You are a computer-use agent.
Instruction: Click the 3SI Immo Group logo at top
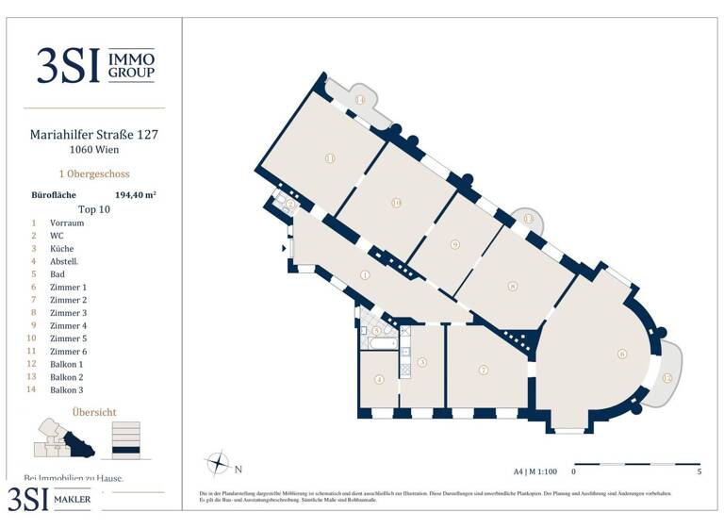click(x=94, y=65)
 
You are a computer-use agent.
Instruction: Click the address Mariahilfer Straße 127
click(x=94, y=135)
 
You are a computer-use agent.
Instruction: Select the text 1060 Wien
click(x=94, y=150)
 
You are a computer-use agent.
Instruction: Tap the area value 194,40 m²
click(x=135, y=195)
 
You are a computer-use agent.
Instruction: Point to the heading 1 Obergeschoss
click(x=94, y=174)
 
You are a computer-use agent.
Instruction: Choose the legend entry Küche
click(x=62, y=249)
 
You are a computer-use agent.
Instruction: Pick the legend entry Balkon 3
click(x=67, y=389)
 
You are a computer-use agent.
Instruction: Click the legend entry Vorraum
click(x=67, y=223)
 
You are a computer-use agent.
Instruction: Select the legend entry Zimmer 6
click(x=69, y=351)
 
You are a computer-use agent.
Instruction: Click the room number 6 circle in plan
click(x=622, y=355)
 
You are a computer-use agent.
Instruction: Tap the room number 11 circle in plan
click(x=330, y=158)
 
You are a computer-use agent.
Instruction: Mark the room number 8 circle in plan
click(x=512, y=287)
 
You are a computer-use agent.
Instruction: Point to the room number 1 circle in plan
click(x=365, y=275)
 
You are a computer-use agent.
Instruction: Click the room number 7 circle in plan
click(x=483, y=370)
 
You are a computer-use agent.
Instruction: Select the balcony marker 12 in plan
click(x=667, y=378)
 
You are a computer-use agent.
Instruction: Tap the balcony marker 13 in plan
click(x=529, y=219)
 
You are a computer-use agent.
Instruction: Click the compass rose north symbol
click(x=218, y=464)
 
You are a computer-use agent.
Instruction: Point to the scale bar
click(x=635, y=464)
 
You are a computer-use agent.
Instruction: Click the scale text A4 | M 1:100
click(x=535, y=470)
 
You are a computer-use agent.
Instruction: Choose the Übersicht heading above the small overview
click(x=94, y=412)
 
